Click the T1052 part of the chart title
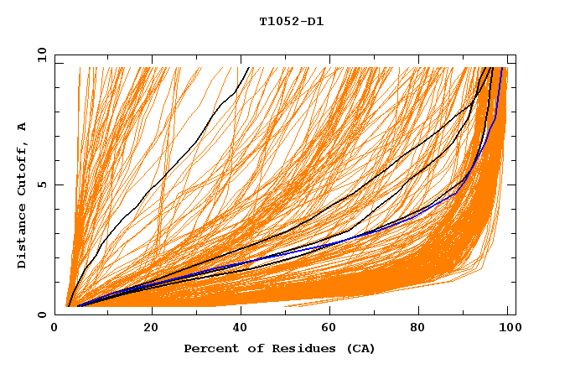276,22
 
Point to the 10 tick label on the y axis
41,55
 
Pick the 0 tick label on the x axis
55,329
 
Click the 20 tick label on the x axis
151,329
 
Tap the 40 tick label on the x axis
242,329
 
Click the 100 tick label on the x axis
507,329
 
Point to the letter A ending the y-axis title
23,127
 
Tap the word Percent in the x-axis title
210,348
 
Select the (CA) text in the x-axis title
359,348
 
